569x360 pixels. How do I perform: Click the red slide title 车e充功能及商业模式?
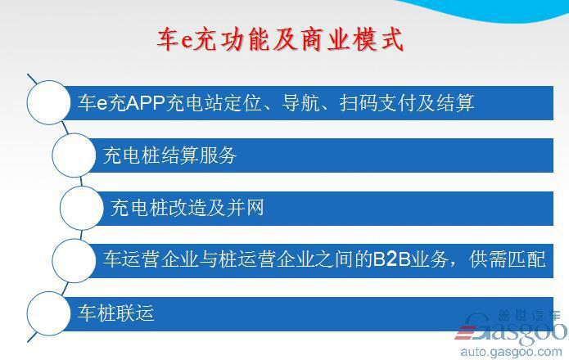(x=280, y=39)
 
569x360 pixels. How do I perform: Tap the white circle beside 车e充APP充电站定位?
(x=48, y=102)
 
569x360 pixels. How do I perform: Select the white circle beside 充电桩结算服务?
(x=74, y=155)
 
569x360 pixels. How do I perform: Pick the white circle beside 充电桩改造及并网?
(x=82, y=208)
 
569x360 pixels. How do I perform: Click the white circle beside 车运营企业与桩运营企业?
(x=74, y=260)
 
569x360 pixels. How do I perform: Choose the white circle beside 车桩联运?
(x=48, y=313)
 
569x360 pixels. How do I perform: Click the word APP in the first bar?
(x=145, y=103)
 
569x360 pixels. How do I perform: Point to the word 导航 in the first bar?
(x=300, y=103)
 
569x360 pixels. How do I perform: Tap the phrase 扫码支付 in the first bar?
(x=377, y=103)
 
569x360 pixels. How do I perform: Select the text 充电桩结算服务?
(x=169, y=155)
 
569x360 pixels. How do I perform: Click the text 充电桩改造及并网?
(x=187, y=208)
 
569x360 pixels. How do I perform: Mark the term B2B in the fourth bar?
(x=391, y=259)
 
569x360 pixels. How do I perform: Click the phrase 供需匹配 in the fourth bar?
(x=507, y=259)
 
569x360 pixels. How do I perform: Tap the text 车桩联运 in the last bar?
(x=115, y=313)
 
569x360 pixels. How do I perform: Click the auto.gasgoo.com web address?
(x=512, y=352)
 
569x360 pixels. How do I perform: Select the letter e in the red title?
(x=185, y=41)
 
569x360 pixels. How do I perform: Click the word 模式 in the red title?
(x=378, y=39)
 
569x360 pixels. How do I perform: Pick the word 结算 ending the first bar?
(x=455, y=103)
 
